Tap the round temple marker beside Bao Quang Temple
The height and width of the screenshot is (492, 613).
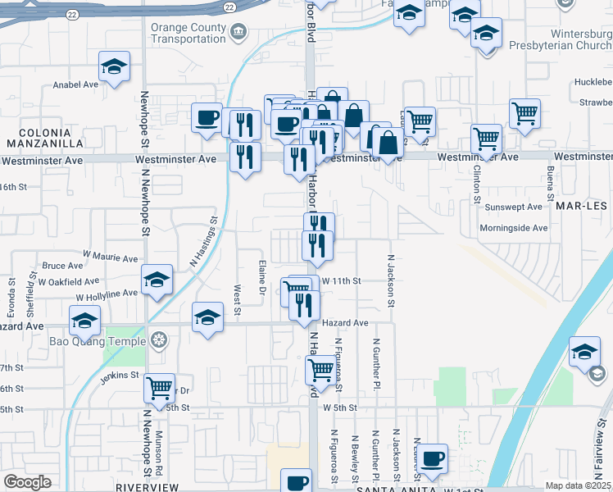tap(158, 339)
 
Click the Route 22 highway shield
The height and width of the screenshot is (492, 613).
tap(73, 14)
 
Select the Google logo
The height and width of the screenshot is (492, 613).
tap(27, 481)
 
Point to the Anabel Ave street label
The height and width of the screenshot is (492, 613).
tap(75, 84)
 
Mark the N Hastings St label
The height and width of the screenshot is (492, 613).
tap(205, 241)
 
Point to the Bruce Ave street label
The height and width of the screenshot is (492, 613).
tap(63, 266)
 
